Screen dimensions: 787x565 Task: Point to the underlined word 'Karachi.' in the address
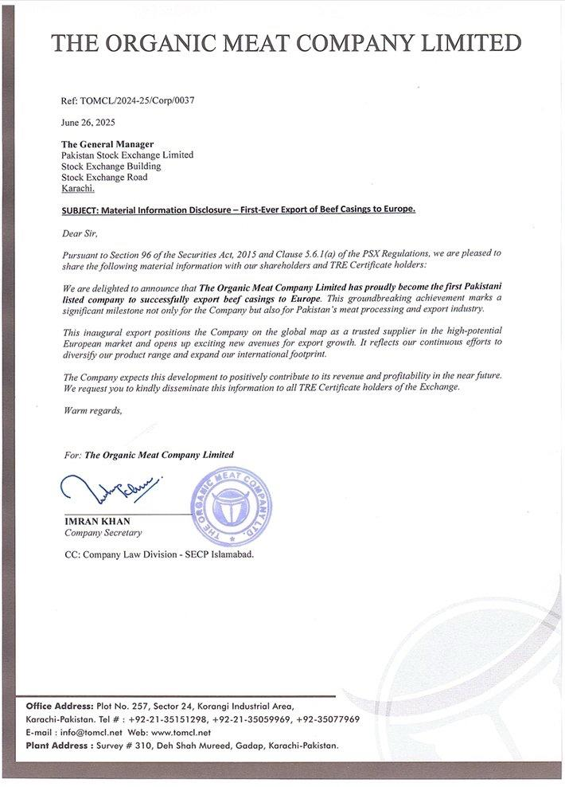78,188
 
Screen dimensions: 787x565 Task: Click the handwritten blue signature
110,488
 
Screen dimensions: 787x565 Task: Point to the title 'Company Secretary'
103,533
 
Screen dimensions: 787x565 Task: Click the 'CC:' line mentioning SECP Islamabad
159,554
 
